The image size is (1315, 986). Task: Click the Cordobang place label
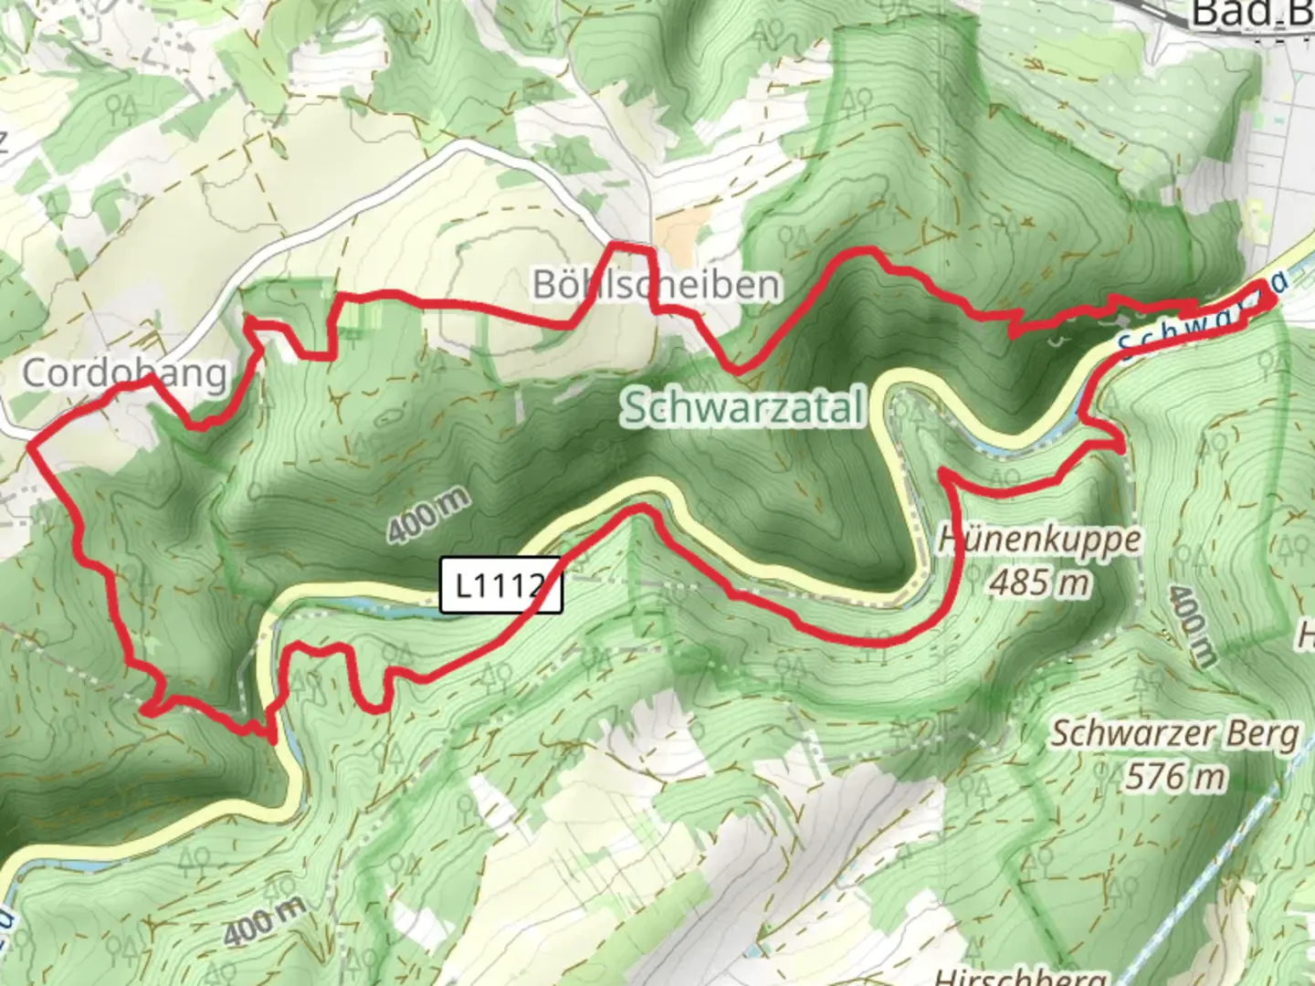[x=124, y=373]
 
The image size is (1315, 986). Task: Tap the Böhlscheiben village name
[x=657, y=285]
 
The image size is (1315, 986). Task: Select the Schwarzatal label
[x=742, y=409]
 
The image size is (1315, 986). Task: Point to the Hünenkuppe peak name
[x=1039, y=540]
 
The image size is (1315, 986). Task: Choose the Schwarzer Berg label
[x=1174, y=734]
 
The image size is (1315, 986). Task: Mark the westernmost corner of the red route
[x=31, y=446]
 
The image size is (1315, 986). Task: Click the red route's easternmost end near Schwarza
[x=1273, y=299]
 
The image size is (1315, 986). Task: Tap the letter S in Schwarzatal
[x=634, y=410]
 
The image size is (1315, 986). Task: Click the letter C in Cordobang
[x=35, y=373]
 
